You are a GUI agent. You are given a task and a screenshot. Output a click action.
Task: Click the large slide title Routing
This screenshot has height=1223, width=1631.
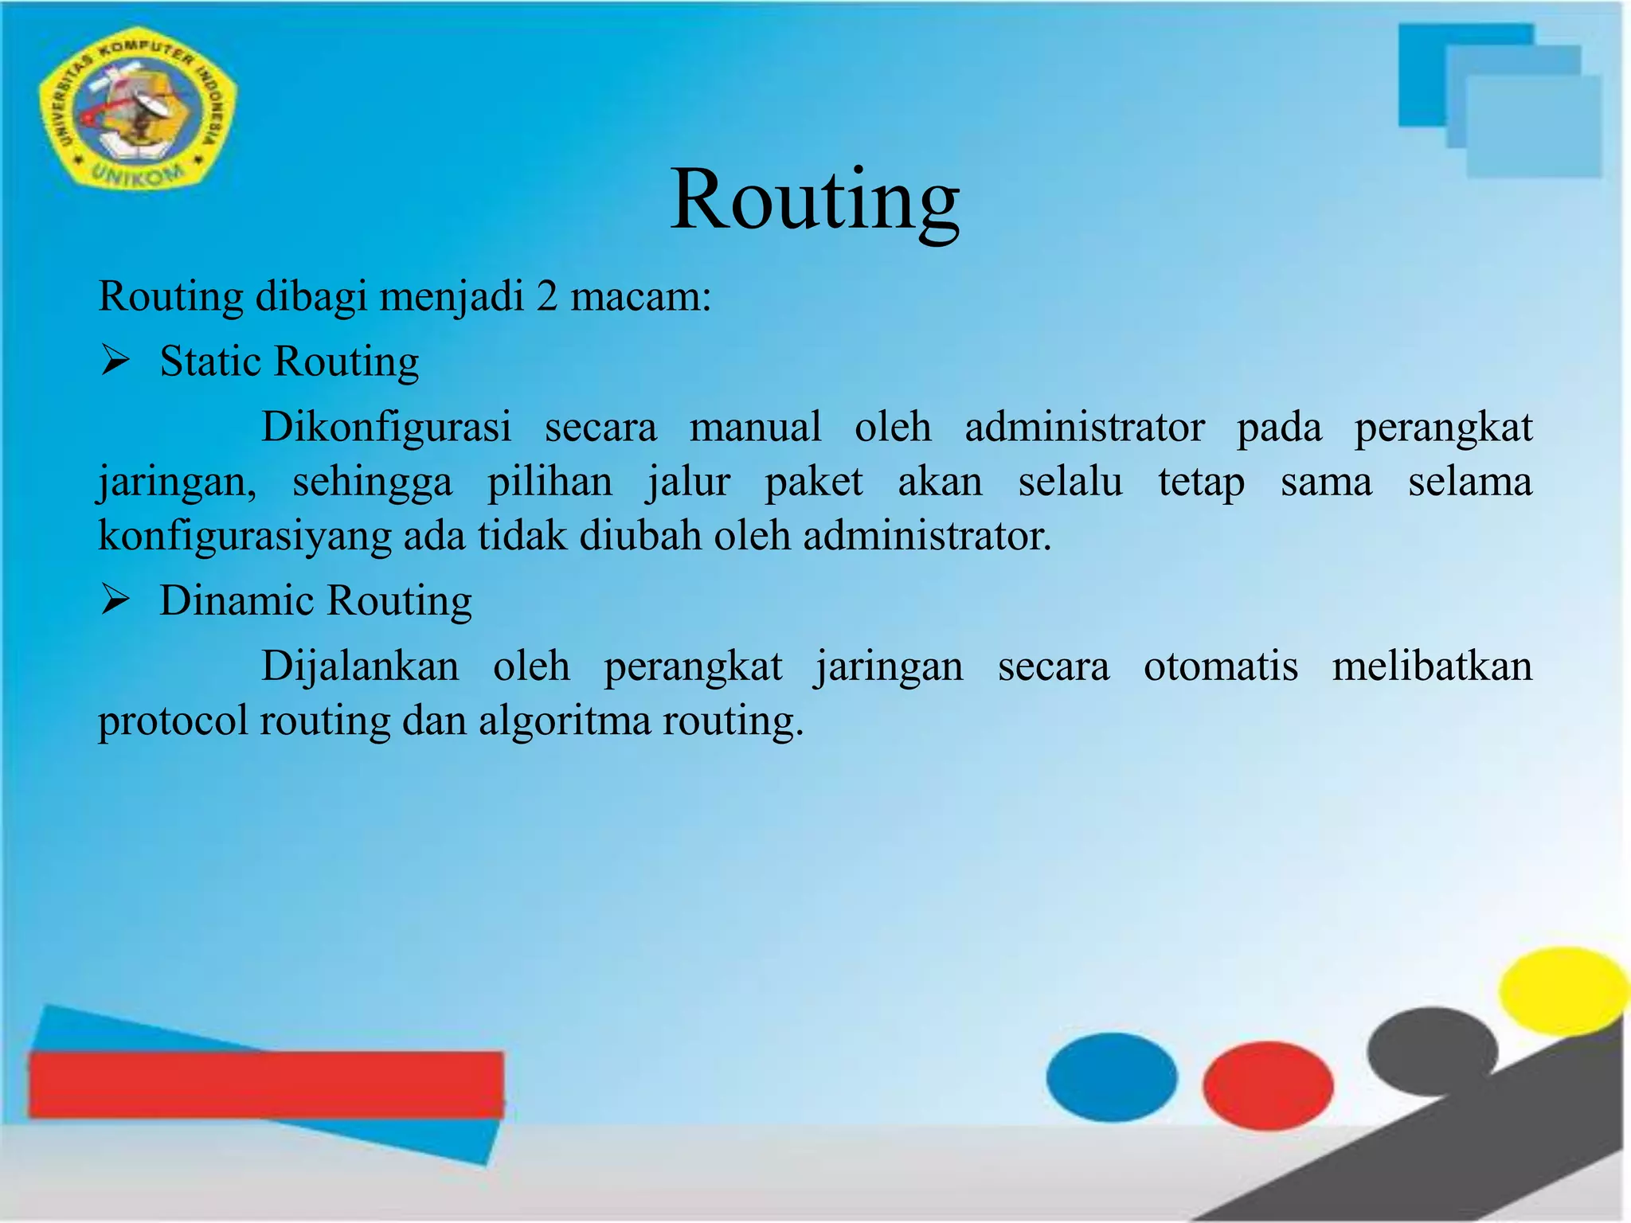click(815, 201)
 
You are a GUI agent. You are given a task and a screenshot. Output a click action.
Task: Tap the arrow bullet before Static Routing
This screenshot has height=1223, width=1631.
click(115, 362)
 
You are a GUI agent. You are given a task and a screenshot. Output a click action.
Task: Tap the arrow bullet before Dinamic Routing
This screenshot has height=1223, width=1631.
click(115, 601)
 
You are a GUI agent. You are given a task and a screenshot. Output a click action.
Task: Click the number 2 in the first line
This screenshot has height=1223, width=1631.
click(546, 297)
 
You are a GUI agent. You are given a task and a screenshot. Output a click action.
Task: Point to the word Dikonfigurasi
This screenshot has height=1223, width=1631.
click(386, 428)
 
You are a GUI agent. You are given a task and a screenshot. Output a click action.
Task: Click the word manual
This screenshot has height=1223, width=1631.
click(755, 428)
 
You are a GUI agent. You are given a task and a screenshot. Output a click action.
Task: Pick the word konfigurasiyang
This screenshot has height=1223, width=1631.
click(244, 536)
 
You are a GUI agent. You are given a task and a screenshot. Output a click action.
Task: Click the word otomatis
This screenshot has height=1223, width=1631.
click(1220, 666)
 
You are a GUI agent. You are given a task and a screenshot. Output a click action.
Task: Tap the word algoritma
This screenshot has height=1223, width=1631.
click(565, 721)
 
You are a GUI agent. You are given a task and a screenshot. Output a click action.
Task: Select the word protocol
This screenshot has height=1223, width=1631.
click(173, 721)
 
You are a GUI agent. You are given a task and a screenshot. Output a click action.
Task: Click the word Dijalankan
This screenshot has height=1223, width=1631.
click(360, 666)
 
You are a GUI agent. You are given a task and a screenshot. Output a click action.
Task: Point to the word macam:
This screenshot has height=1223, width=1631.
click(640, 297)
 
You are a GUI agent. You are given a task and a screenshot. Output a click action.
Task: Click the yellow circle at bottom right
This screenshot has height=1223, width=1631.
click(1563, 991)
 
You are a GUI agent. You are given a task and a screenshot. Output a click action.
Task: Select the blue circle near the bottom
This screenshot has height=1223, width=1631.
click(1112, 1076)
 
